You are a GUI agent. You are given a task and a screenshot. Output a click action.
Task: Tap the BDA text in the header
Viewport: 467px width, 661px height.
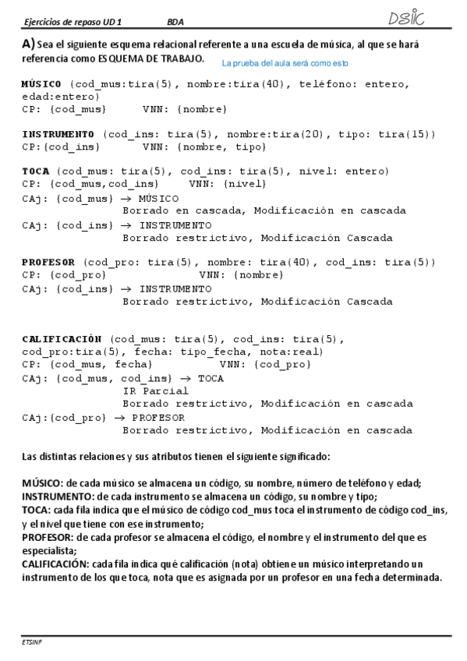coord(175,22)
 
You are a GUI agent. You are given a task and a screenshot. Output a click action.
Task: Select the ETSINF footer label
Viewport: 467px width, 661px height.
coord(32,640)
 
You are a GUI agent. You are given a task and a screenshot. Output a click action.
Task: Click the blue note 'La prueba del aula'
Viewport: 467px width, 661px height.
coord(285,62)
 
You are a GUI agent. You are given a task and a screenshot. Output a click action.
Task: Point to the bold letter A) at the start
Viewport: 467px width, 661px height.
coord(28,44)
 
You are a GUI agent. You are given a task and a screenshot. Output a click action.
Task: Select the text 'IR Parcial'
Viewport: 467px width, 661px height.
coord(156,391)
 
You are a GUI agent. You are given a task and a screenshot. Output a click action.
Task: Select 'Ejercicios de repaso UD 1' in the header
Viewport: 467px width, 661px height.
coord(68,22)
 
